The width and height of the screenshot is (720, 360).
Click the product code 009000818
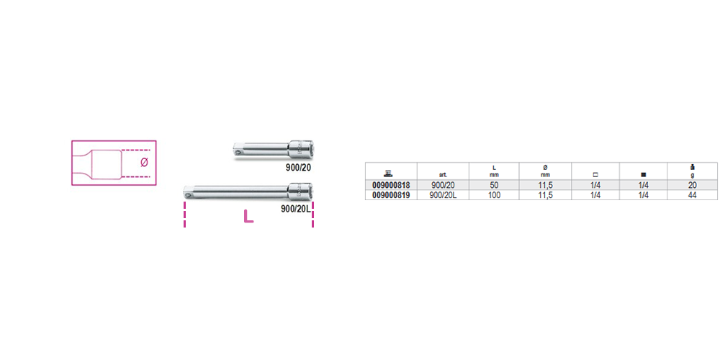click(391, 186)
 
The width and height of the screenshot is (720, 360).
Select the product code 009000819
click(391, 195)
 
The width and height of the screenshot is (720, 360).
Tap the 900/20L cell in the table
click(443, 195)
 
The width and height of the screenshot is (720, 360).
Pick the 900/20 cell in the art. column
click(443, 186)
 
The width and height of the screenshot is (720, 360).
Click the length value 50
click(494, 186)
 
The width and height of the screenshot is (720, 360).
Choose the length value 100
click(494, 195)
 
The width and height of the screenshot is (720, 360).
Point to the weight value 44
click(693, 195)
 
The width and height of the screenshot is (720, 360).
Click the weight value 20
click(693, 186)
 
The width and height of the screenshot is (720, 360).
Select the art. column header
click(443, 175)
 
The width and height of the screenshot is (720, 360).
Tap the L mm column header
click(494, 171)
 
